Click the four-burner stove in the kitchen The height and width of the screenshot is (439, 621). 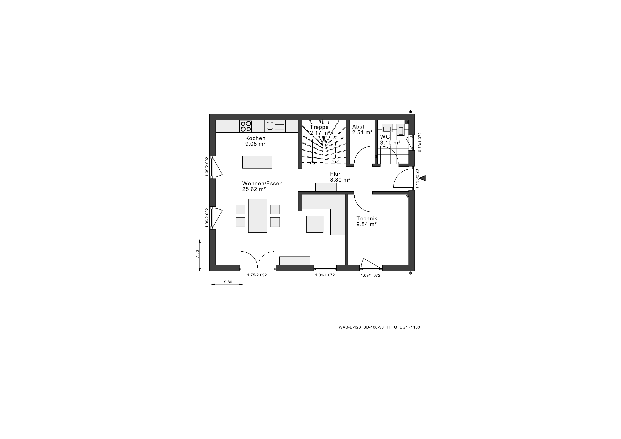[x=246, y=126]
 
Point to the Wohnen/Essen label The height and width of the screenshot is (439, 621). [x=262, y=183]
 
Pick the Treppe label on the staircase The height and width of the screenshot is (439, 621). [x=319, y=127]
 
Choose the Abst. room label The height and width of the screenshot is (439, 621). [x=359, y=127]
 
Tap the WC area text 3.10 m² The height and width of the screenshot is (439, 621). [x=390, y=142]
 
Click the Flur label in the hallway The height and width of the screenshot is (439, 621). [x=335, y=174]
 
